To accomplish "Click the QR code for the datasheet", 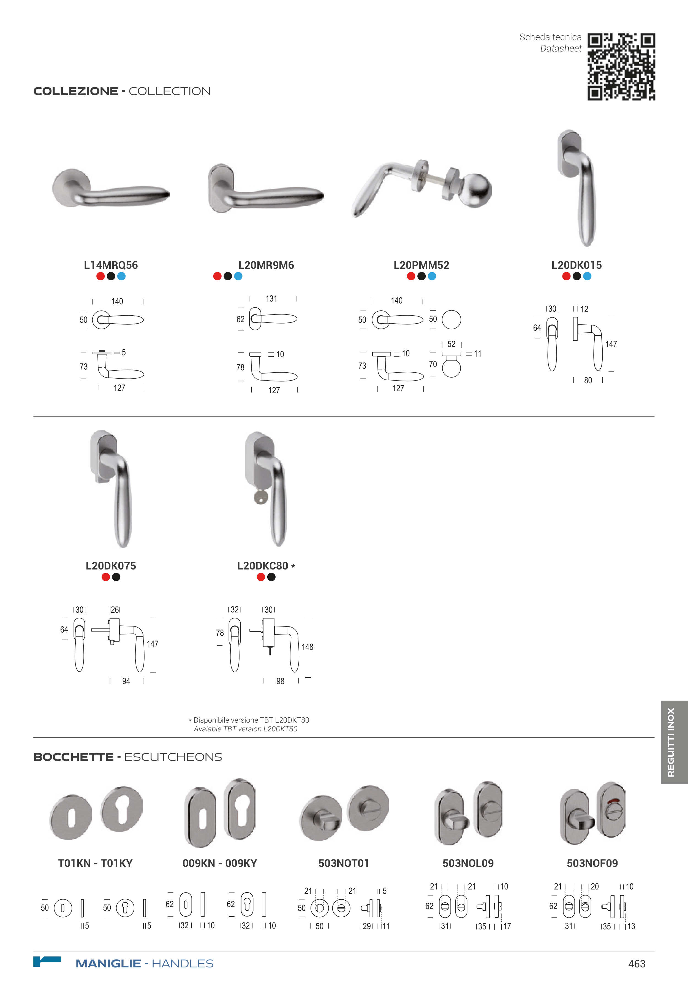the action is [621, 67].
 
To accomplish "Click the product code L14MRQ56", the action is [111, 265].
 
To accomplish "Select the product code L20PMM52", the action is [421, 265].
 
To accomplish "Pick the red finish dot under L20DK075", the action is [106, 577].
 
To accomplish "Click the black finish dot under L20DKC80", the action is [271, 577].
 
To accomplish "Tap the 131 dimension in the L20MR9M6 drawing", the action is [271, 299].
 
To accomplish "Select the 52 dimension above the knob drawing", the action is [451, 344].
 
